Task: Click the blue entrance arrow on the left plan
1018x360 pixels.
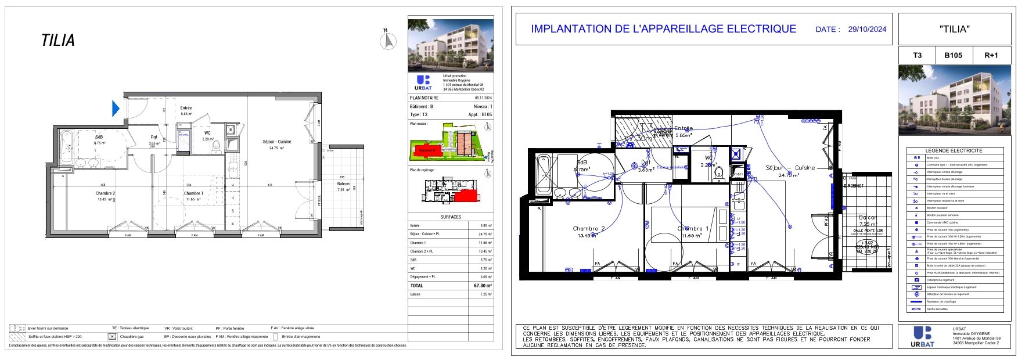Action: click(x=116, y=108)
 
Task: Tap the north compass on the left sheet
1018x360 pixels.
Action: click(x=388, y=41)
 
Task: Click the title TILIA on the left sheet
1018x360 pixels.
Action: click(x=58, y=41)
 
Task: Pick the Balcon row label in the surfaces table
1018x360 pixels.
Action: click(x=415, y=294)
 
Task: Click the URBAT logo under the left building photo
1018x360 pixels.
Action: click(x=423, y=82)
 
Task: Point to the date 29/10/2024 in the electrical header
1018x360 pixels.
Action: click(x=867, y=29)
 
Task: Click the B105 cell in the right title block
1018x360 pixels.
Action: click(x=953, y=56)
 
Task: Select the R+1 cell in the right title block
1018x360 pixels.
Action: click(x=991, y=56)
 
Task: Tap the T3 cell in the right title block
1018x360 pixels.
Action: click(x=917, y=56)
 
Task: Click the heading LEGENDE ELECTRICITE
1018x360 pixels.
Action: click(x=954, y=150)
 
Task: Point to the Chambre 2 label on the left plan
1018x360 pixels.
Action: click(x=105, y=193)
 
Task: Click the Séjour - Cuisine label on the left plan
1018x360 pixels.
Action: click(x=276, y=142)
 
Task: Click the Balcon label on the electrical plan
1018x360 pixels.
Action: click(x=868, y=217)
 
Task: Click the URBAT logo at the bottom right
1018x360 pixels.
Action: click(x=924, y=336)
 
